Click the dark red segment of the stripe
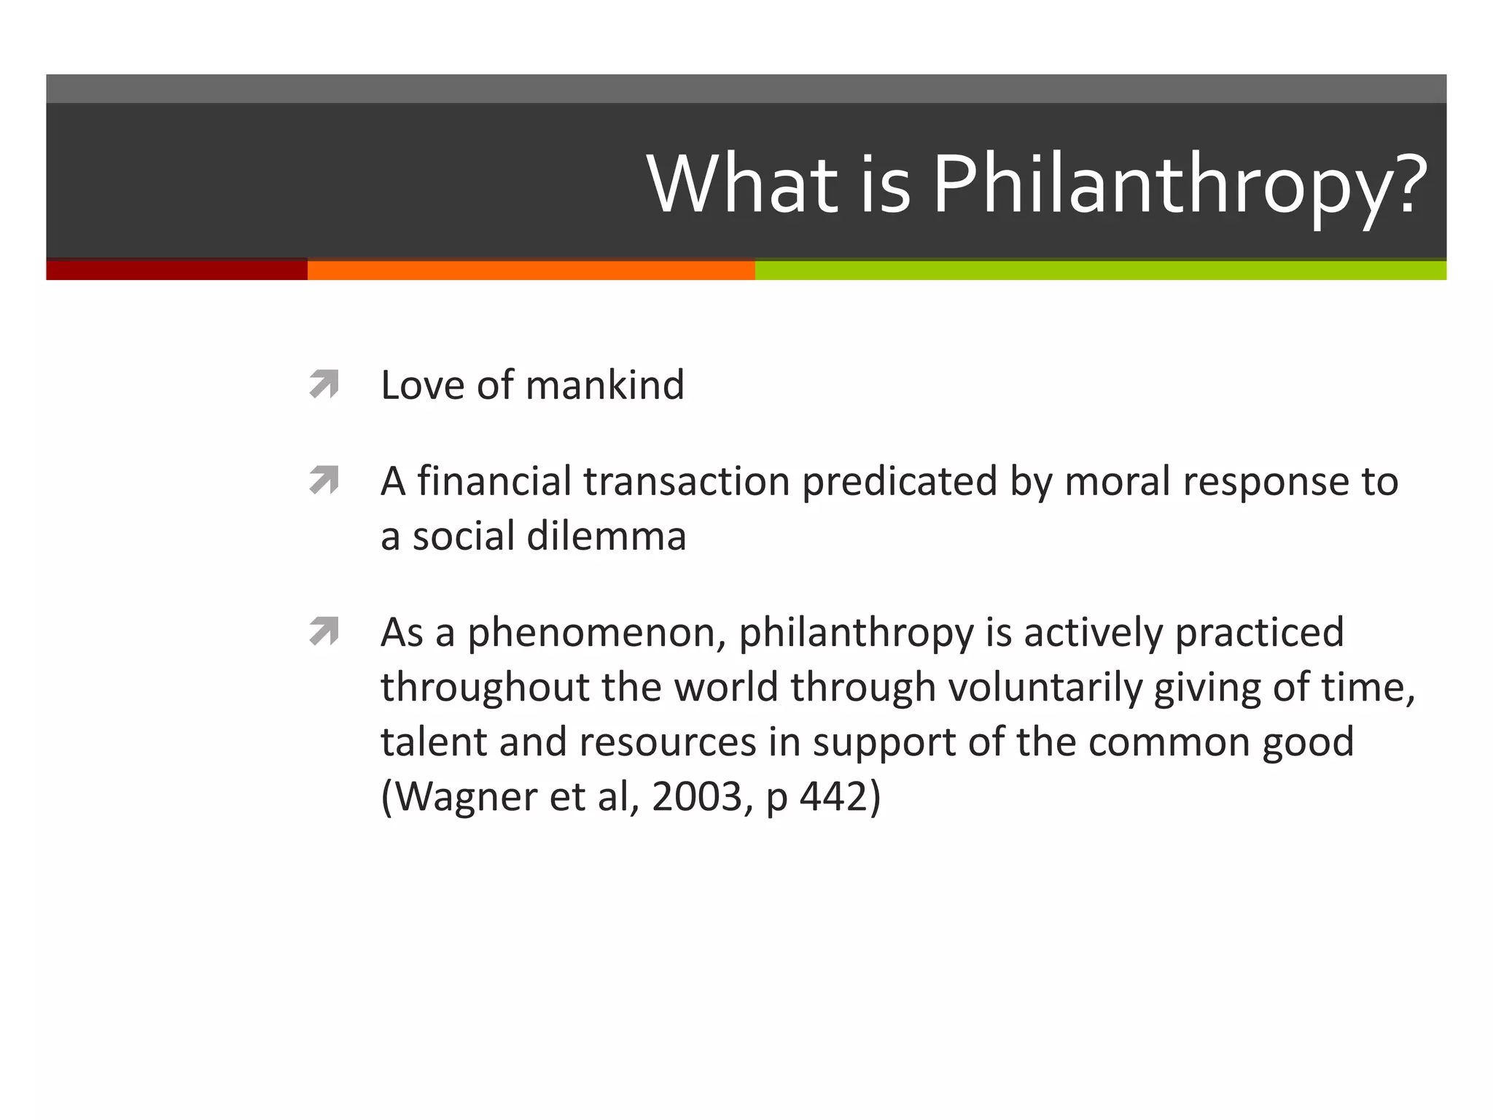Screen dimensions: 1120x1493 coord(176,270)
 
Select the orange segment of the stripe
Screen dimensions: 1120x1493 coord(531,270)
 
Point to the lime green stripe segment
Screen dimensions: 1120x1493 coord(1100,270)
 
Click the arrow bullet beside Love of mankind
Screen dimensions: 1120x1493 coord(324,384)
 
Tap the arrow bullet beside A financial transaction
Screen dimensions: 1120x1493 coord(324,481)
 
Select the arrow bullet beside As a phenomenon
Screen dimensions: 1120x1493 coord(324,631)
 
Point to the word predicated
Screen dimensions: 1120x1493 coord(899,481)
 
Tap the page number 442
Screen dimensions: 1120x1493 coord(832,797)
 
